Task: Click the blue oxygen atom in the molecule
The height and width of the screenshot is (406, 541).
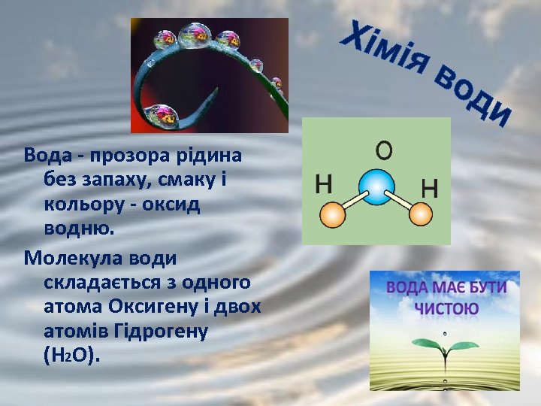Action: [x=376, y=184]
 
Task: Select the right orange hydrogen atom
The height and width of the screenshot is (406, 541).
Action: [x=421, y=214]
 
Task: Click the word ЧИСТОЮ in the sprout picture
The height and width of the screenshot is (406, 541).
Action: [x=446, y=308]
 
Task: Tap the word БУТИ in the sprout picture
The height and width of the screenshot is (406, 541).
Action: [x=485, y=288]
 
